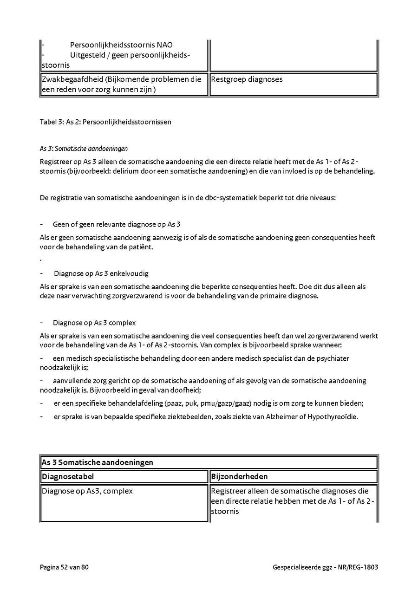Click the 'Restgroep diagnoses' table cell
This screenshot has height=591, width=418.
(247, 79)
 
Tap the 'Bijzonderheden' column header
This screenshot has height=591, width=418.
(239, 476)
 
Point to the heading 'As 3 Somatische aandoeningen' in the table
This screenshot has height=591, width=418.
(98, 462)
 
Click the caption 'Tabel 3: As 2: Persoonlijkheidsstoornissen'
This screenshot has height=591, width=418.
(105, 122)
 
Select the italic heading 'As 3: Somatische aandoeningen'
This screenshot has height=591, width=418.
(84, 149)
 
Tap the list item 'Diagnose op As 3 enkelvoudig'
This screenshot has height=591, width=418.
(101, 273)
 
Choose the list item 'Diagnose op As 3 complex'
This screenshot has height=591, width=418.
(94, 323)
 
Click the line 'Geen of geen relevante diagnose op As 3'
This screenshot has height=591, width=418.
(117, 224)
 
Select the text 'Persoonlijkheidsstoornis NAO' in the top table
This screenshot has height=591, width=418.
(121, 45)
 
